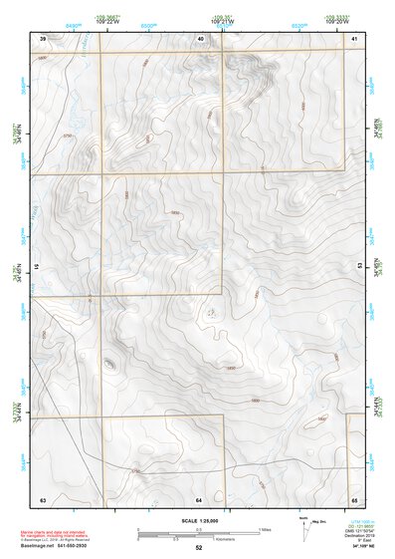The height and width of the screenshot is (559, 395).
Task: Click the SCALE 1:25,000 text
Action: click(x=199, y=520)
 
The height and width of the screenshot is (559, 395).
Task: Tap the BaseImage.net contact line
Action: click(x=60, y=546)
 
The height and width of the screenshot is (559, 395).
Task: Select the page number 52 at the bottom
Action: click(x=199, y=548)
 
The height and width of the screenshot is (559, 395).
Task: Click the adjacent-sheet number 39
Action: click(x=43, y=38)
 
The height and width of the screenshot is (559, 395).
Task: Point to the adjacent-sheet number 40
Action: click(x=200, y=38)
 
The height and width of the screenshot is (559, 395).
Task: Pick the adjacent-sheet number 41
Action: click(x=355, y=38)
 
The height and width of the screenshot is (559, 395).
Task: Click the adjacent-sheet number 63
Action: click(x=43, y=498)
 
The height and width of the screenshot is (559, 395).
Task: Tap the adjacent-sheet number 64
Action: click(x=199, y=498)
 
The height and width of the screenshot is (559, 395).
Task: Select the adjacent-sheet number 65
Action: click(x=355, y=498)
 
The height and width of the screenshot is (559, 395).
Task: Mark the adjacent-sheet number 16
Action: click(x=38, y=267)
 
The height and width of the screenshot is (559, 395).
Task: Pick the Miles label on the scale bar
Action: click(x=267, y=529)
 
